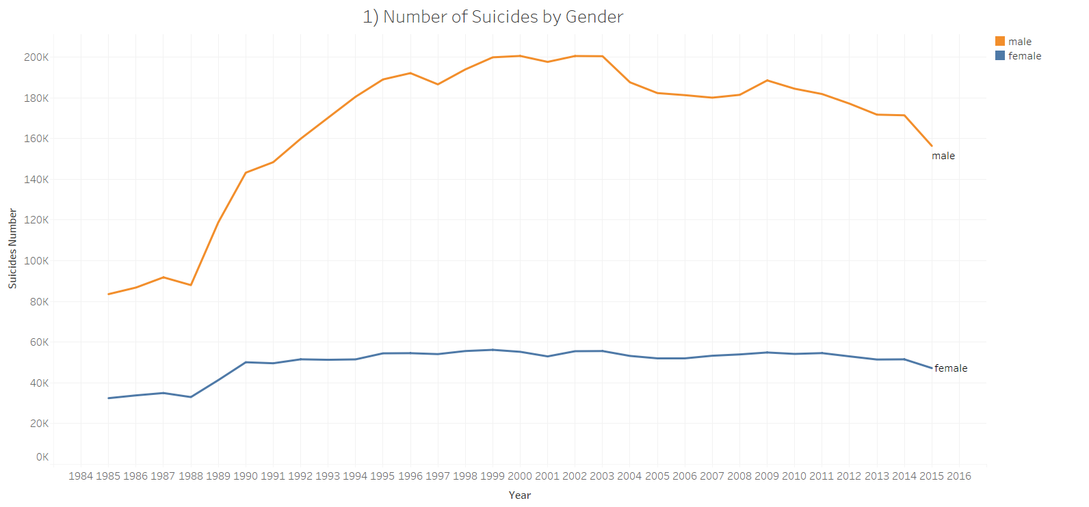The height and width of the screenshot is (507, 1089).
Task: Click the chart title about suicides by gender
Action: (x=493, y=16)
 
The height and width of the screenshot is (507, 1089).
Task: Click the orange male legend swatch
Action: (x=1000, y=41)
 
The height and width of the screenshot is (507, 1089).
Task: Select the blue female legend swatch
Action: (x=1000, y=55)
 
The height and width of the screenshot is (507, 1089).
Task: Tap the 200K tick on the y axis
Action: (x=36, y=57)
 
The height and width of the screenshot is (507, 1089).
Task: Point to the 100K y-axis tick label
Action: (x=36, y=261)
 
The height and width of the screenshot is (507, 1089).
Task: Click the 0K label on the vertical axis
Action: (x=42, y=457)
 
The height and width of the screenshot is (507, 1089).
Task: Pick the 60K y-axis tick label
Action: (x=39, y=342)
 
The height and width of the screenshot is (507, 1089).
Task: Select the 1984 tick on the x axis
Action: (x=81, y=476)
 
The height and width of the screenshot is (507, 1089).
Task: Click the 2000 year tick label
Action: (x=520, y=476)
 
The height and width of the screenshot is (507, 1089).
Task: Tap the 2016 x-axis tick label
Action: (x=958, y=476)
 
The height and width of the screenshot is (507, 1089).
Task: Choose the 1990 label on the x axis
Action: (x=246, y=476)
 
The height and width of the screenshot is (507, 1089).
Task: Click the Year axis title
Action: (x=520, y=495)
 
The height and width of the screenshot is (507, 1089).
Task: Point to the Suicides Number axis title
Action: (x=12, y=249)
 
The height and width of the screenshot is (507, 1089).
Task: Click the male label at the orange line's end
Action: (x=943, y=156)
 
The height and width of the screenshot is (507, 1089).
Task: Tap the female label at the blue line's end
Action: (x=951, y=368)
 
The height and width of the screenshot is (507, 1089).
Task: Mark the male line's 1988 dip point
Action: (x=191, y=285)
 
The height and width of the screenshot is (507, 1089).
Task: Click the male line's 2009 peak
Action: (x=767, y=81)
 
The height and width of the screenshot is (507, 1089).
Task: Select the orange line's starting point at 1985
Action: (x=108, y=294)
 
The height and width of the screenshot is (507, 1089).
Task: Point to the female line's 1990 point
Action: (x=246, y=362)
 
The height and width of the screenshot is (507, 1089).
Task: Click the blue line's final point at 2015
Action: (x=931, y=368)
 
